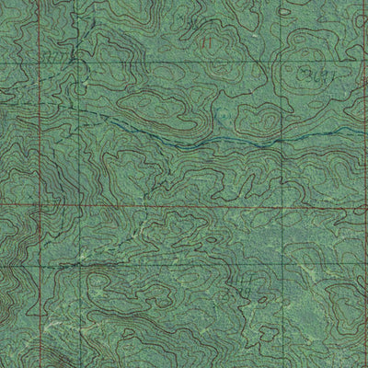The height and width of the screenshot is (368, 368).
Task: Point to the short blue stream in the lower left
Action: tap(74, 263)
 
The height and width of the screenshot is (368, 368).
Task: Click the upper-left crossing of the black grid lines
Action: tap(81, 63)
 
